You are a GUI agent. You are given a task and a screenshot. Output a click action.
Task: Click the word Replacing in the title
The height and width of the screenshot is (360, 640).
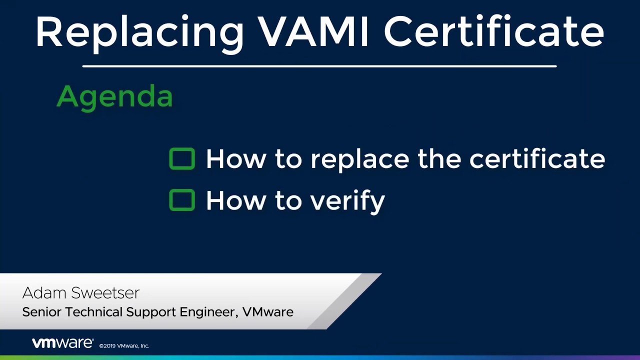[x=139, y=33]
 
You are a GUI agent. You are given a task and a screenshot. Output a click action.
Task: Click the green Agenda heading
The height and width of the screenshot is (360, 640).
[x=115, y=97]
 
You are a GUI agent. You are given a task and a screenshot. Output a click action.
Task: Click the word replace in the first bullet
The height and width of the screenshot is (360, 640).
[x=360, y=160]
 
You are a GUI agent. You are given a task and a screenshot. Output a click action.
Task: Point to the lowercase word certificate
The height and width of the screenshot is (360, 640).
[x=537, y=158]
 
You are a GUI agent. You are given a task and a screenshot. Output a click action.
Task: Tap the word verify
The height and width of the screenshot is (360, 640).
[x=347, y=201]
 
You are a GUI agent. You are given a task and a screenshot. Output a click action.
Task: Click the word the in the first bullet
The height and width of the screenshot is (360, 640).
[x=439, y=158]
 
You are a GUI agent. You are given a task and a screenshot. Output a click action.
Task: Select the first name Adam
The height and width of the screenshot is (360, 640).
[x=44, y=293]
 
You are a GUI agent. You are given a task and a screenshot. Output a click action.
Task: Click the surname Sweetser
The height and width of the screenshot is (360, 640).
[x=105, y=293]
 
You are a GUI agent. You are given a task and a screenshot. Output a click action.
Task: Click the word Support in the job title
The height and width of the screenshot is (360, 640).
[x=151, y=313]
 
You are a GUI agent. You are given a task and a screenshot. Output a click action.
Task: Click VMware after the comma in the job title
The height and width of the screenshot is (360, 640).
[x=268, y=312]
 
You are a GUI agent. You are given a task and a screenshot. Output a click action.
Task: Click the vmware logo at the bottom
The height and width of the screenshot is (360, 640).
[x=63, y=343]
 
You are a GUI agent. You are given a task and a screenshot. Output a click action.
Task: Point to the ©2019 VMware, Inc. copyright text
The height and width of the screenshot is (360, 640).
[x=124, y=346]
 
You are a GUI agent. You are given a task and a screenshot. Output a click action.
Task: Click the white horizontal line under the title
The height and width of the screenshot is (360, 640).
[x=319, y=66]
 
